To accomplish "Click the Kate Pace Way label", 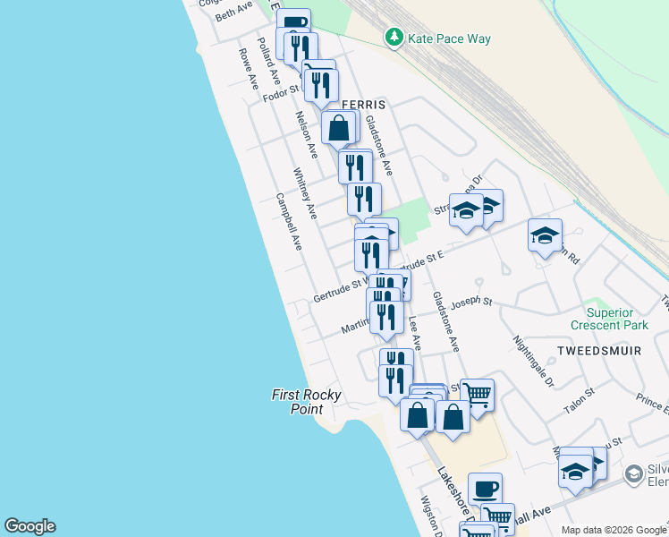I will (449, 38).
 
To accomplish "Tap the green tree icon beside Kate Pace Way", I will (393, 38).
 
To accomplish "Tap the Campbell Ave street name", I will (289, 222).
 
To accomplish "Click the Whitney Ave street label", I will (305, 193).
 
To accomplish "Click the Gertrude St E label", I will (419, 262).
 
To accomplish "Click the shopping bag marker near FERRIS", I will (339, 128).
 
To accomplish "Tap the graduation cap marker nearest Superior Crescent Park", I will (545, 235).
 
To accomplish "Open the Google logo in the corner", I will (30, 526).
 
